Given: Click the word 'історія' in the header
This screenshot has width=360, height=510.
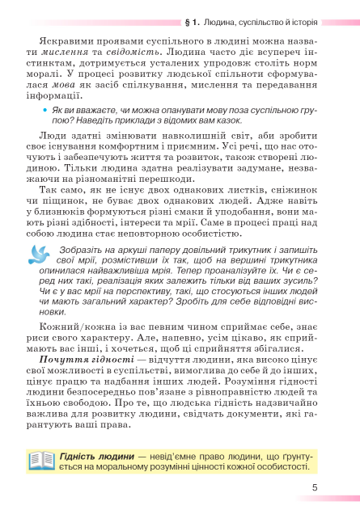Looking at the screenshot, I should (302, 23).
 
